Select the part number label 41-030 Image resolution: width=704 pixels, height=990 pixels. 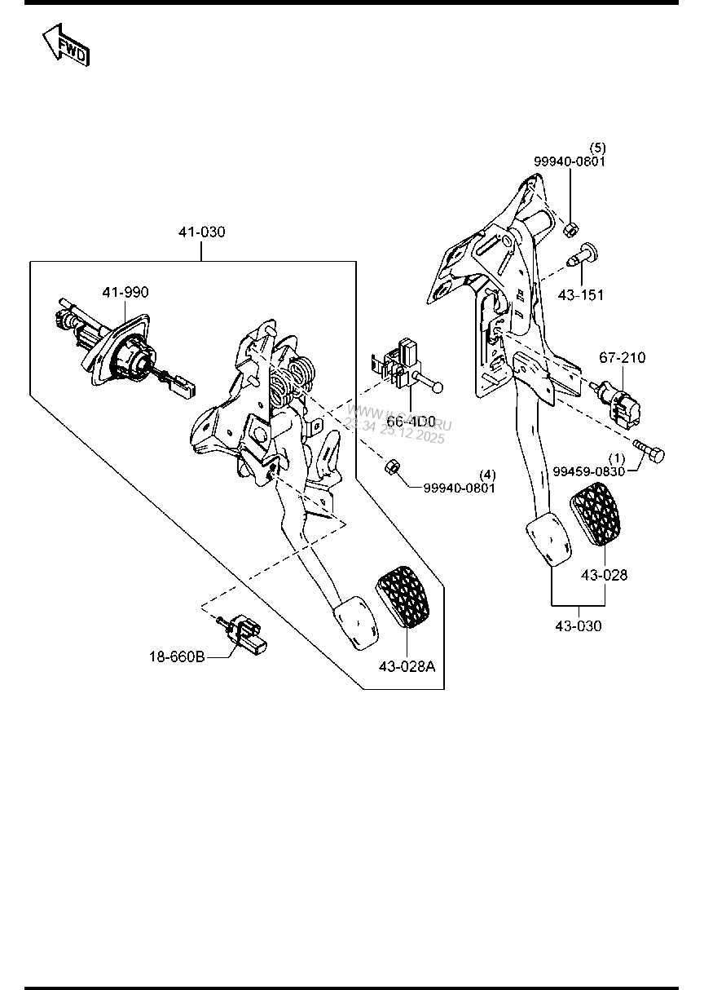(201, 232)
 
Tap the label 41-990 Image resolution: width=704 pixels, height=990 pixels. (125, 292)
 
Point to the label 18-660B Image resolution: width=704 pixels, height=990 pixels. (176, 655)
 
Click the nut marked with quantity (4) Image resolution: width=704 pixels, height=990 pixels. (390, 466)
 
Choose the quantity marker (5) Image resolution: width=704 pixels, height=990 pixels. (598, 148)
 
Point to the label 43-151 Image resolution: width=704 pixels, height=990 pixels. (581, 294)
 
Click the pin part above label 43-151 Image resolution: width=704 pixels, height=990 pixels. (584, 254)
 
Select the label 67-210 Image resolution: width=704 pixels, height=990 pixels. (622, 357)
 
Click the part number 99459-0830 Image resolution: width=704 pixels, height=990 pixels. (589, 471)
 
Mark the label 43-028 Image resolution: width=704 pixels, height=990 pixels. (604, 575)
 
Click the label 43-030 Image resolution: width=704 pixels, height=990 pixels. (579, 626)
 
